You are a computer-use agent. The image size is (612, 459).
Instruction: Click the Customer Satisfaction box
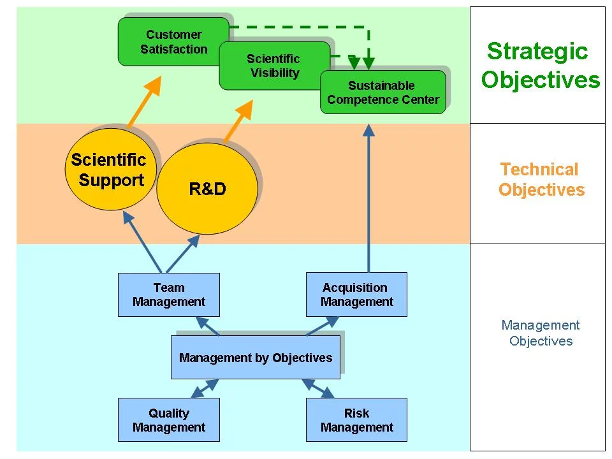173,41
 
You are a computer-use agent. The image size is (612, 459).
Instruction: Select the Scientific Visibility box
274,66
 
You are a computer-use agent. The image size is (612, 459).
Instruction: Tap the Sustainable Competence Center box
382,92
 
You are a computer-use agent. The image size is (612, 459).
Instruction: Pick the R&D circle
207,189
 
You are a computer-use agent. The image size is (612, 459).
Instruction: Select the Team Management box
169,295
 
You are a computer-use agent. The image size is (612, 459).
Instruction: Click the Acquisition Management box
356,295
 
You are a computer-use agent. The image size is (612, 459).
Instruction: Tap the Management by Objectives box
256,358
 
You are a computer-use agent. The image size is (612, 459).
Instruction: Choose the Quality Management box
169,420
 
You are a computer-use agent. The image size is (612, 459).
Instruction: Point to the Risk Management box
356,420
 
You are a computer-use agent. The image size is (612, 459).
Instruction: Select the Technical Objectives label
541,179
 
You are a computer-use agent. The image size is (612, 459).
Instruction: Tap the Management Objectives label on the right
541,333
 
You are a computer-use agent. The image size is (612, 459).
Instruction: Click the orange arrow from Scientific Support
144,103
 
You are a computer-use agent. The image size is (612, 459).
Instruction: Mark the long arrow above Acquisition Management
368,198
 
